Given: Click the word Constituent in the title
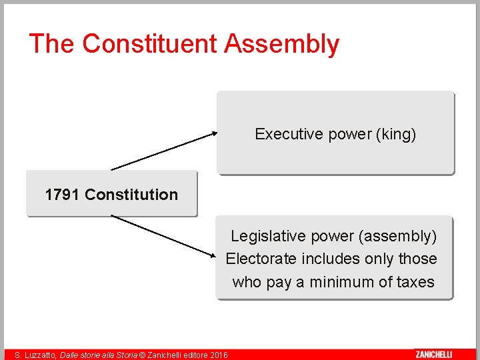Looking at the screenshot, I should point(151,44).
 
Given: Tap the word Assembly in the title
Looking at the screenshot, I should point(282,44).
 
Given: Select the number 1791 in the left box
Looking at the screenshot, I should point(63,195).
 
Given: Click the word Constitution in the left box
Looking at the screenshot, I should point(131,195).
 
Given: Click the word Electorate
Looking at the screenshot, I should point(261,259).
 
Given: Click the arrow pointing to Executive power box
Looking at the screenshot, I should point(164,151).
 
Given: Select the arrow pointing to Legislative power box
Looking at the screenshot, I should point(164,235).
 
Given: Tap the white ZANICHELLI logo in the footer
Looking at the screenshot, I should point(433,355).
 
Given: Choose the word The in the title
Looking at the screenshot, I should point(52,44).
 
